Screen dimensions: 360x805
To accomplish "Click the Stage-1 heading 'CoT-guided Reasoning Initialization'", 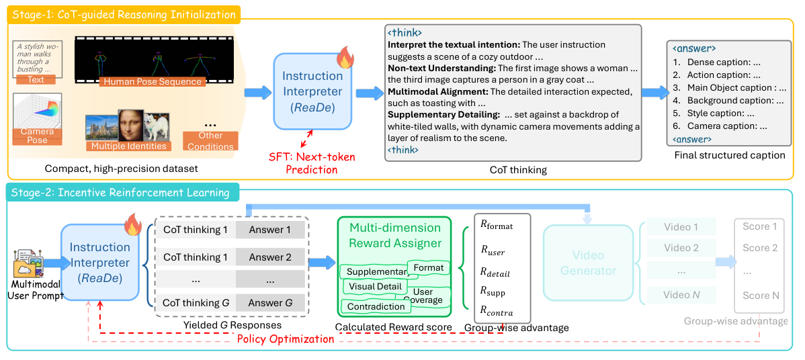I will coord(146,14).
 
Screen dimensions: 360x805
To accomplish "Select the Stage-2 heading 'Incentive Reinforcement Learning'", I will coord(144,193).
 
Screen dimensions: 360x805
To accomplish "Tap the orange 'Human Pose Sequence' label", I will coord(152,81).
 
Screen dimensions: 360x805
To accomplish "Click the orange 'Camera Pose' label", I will coord(37,136).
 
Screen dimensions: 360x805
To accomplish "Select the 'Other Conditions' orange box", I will coord(210,140).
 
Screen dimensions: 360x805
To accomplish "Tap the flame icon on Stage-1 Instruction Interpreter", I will coord(345,59).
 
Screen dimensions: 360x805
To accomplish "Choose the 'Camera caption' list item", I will coord(723,126).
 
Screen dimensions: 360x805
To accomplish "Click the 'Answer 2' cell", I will coord(270,257).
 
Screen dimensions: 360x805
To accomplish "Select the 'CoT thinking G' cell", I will coord(196,303).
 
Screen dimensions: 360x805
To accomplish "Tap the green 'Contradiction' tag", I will coord(376,306).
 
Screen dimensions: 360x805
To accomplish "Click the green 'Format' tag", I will coord(429,267).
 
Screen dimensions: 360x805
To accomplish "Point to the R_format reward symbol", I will coord(497,226).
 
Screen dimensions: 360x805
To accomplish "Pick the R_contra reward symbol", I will coord(497,311).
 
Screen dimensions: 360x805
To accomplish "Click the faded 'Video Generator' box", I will coord(588,263).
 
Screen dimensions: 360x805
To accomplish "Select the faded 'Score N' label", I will coord(761,296).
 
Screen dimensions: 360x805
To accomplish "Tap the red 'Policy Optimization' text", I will coord(286,339).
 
